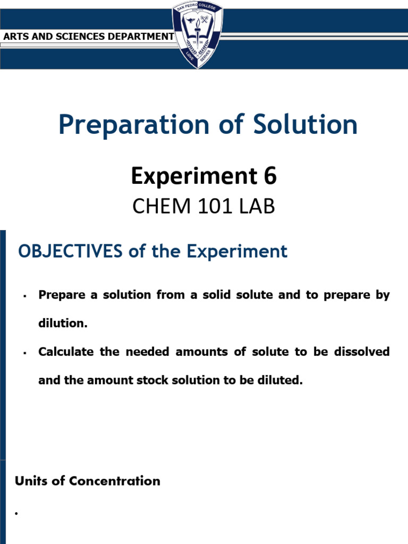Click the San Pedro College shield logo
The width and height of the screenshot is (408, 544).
click(x=198, y=35)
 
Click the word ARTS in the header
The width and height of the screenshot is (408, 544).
click(x=16, y=37)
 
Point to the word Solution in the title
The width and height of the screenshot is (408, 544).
click(x=305, y=125)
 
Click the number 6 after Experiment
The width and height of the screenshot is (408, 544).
click(x=270, y=176)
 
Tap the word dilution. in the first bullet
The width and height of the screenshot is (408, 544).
click(x=62, y=324)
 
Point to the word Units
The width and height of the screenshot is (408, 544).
click(x=30, y=481)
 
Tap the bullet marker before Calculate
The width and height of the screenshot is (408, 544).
click(x=25, y=353)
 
